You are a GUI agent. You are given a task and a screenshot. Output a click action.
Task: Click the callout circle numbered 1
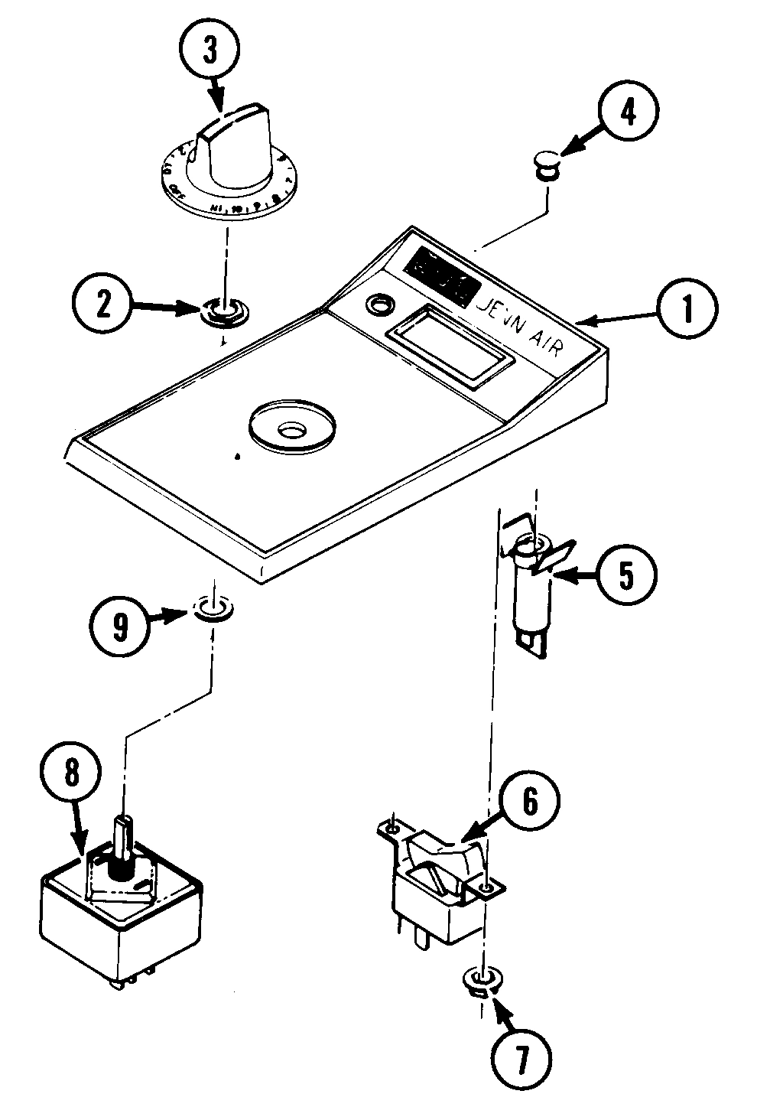click(687, 311)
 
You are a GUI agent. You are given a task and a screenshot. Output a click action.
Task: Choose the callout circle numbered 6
click(530, 800)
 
